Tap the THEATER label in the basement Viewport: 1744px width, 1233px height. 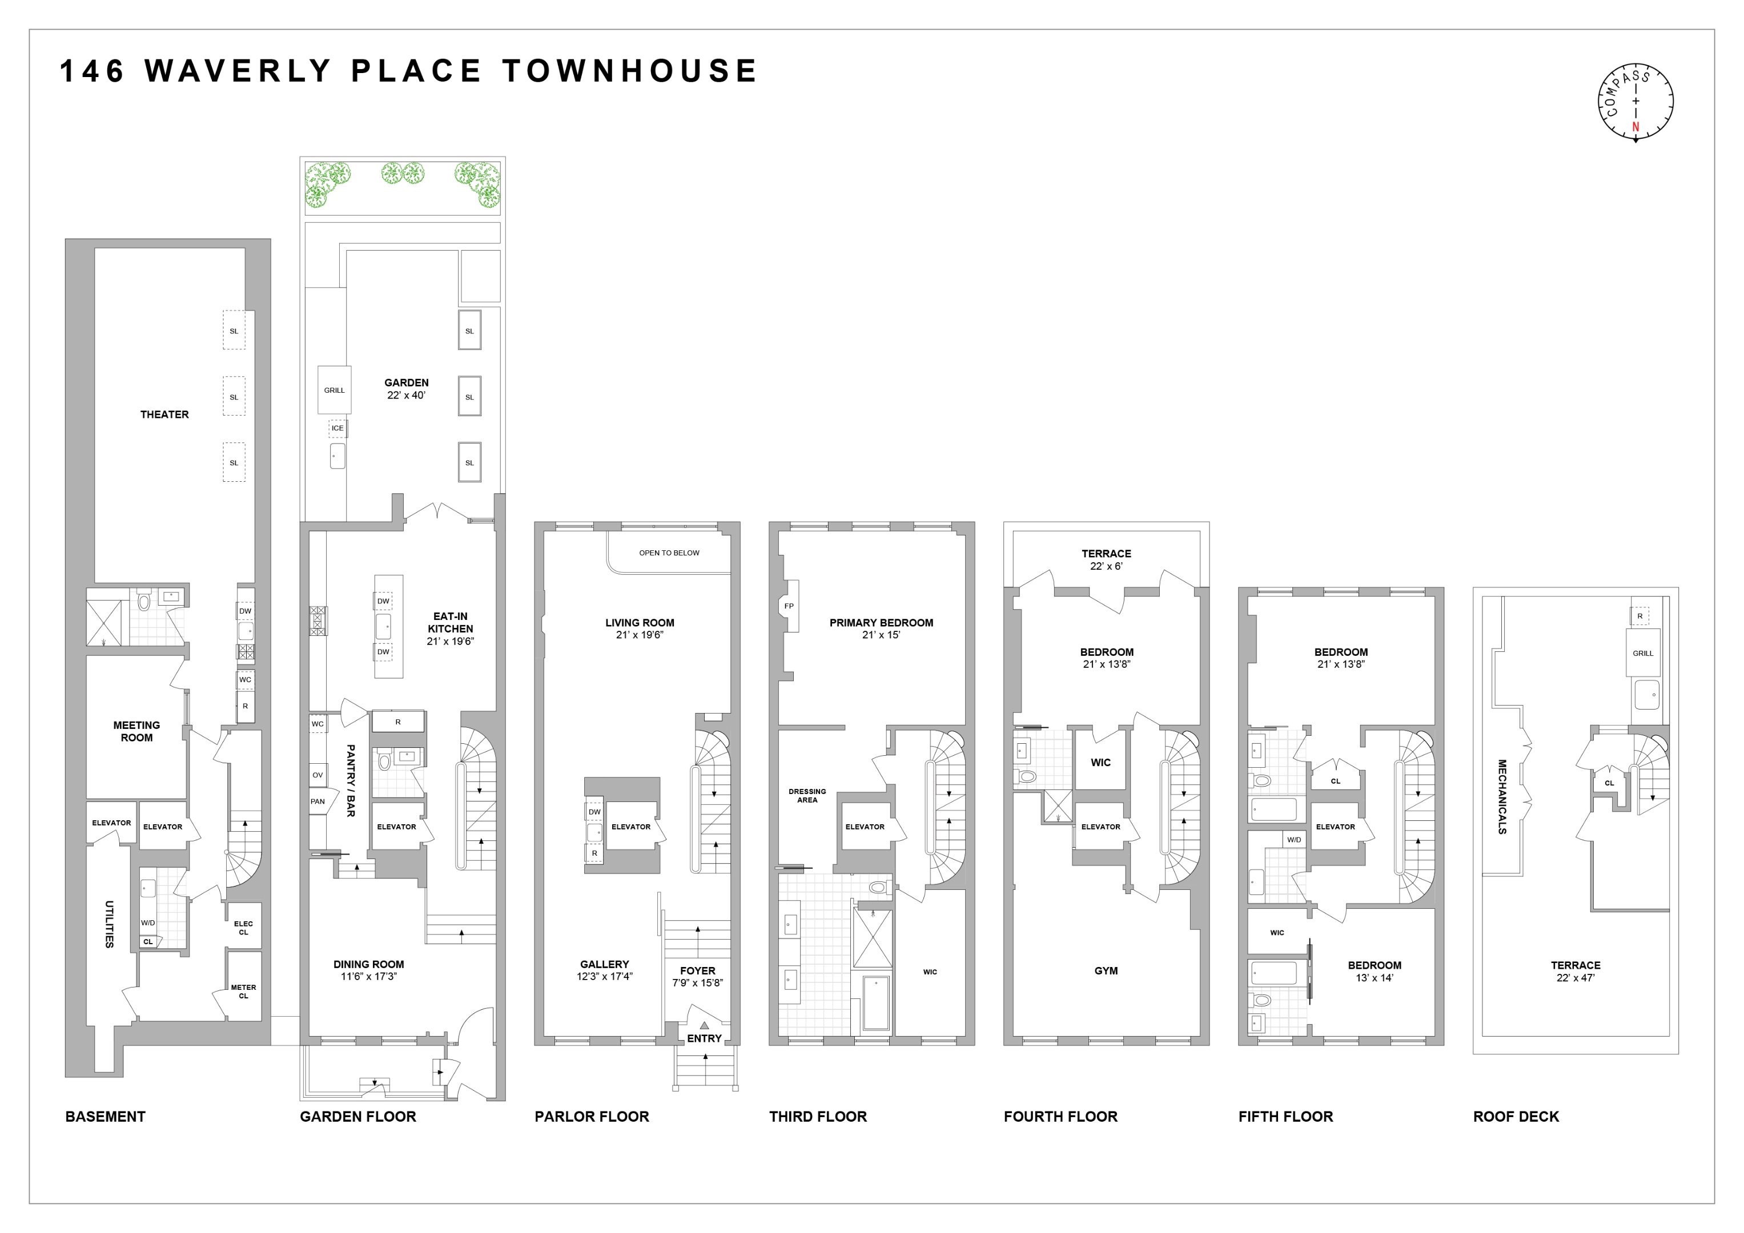click(164, 414)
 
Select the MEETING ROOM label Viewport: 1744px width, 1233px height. click(136, 731)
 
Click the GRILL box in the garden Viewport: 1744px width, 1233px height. click(334, 390)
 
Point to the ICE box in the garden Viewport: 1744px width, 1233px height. click(337, 428)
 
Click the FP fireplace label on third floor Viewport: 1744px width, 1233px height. click(789, 606)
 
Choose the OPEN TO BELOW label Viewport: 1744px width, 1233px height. click(669, 553)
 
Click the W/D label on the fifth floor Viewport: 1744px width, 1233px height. click(1293, 840)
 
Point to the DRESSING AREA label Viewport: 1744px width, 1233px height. click(807, 796)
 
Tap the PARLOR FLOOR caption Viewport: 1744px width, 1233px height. click(591, 1116)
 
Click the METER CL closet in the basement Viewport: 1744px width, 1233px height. click(243, 992)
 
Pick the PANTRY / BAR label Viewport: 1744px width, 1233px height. click(350, 780)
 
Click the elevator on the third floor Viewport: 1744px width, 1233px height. click(865, 827)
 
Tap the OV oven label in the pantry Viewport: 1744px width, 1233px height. click(318, 775)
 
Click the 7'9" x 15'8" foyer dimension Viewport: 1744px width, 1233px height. click(697, 983)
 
